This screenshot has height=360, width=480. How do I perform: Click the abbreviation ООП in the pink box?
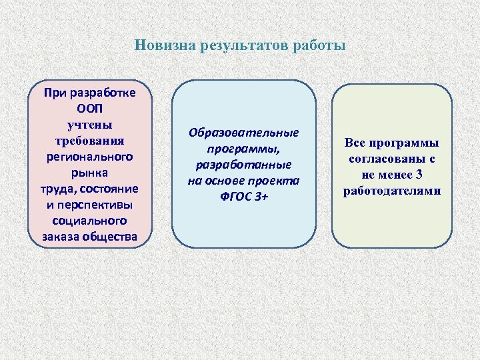tap(90, 109)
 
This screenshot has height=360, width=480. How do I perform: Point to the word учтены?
tap(90, 125)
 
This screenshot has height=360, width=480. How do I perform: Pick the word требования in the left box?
tap(90, 141)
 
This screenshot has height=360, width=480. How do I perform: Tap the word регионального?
tap(90, 157)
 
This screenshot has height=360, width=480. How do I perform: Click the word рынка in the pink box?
tap(90, 173)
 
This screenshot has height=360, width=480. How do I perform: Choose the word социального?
tap(90, 221)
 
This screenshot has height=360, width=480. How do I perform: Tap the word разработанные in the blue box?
tap(244, 165)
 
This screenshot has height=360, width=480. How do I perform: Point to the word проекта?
tap(273, 181)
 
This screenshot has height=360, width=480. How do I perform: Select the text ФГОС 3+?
tap(244, 197)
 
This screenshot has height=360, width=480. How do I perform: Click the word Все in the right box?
tap(355, 143)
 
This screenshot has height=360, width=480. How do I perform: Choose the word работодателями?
tap(392, 191)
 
